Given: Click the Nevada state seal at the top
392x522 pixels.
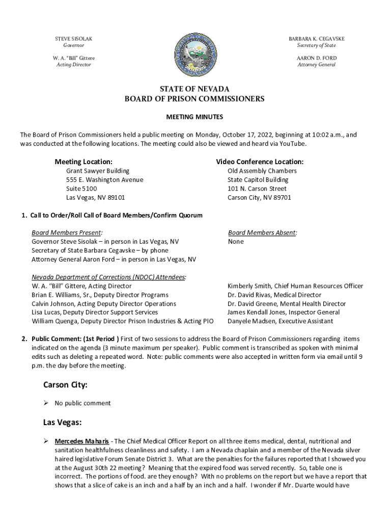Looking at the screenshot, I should pos(195,53).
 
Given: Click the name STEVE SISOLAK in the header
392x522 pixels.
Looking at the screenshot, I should pos(74,39).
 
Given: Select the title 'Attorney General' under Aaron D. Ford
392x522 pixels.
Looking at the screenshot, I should pos(316,65).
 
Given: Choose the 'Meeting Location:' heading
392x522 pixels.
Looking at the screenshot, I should pos(83,162).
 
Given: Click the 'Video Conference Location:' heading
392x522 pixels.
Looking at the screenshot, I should pos(260,162).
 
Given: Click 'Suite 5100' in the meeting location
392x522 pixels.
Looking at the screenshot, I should pos(81,189).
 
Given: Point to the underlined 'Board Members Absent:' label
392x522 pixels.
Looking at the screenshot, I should pos(262,232).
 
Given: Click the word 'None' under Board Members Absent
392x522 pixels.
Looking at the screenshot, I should pos(236,242).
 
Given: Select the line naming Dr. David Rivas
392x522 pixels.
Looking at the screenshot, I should pos(274,295).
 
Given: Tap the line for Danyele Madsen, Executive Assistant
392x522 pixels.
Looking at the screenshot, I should pos(280,321).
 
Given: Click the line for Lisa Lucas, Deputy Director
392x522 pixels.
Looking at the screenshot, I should pos(95,312).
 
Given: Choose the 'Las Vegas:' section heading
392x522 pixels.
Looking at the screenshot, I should pos(63,422).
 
